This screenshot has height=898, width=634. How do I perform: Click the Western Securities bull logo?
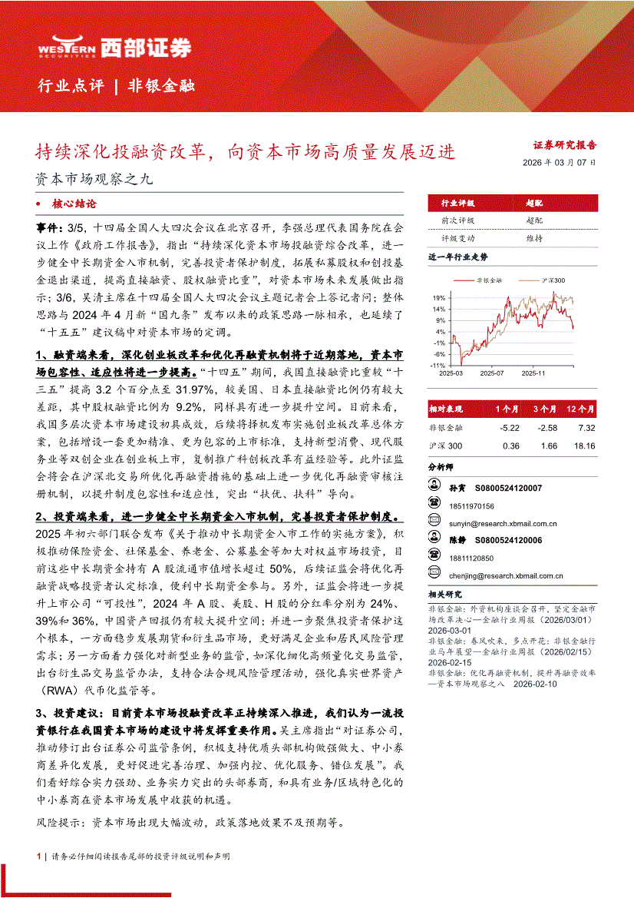tap(66, 48)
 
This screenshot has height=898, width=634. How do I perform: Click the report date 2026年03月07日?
tap(558, 163)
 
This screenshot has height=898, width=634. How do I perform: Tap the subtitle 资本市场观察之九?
tap(95, 180)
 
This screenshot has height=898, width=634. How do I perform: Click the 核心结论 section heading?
tap(74, 204)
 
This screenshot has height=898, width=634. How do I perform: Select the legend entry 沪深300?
tap(553, 280)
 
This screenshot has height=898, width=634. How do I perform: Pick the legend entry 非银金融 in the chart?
tap(488, 280)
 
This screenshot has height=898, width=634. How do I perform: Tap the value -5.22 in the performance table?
tap(510, 427)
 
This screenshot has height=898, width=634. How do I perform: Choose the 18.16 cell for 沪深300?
tap(584, 446)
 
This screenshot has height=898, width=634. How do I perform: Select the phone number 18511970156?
tap(472, 505)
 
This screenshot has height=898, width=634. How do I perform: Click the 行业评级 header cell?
tap(457, 203)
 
